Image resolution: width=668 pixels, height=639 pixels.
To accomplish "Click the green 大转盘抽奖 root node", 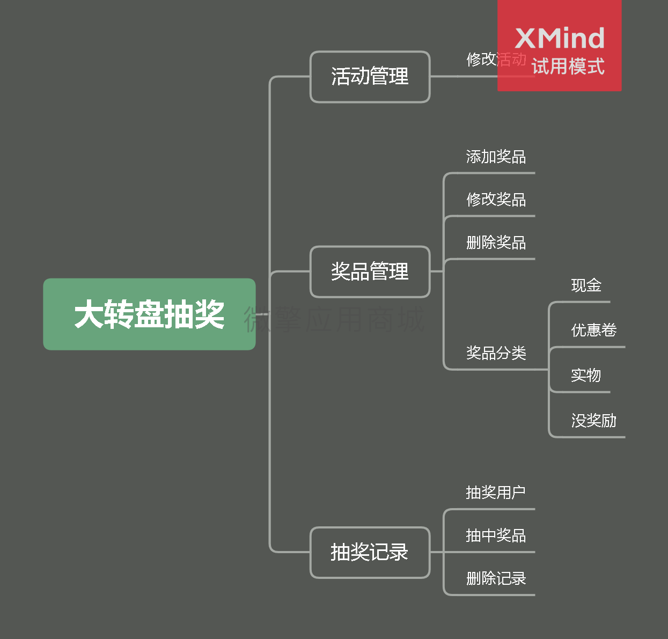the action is pos(149,314).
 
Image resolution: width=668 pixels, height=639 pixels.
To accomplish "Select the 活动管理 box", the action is pos(370,77).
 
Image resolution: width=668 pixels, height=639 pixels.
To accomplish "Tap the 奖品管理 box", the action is pos(370,271).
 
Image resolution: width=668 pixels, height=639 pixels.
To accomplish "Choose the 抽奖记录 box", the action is pos(370,552).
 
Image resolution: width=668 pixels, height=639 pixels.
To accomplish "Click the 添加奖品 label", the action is pos(496,157).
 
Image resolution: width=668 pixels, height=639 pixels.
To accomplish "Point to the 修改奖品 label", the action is pos(496,200).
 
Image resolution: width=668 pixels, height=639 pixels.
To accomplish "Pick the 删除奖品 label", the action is pos(496,243).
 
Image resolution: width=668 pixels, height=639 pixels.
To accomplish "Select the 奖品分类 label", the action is pos(496,352).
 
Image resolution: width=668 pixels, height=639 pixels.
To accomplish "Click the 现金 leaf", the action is pos(586,285).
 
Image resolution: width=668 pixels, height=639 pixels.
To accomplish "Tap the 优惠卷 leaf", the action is pos(594,330).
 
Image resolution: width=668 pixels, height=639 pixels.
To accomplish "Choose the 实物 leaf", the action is pos(586,375).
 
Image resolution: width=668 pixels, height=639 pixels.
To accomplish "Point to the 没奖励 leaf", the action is pos(594,420).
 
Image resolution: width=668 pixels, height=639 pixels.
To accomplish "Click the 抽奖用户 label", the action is pos(496,493).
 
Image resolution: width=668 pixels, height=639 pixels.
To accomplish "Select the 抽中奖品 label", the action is pos(496,535).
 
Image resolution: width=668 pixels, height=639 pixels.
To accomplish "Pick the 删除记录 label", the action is pos(496,578).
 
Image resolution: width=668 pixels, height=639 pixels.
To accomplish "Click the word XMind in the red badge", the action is pos(560,38).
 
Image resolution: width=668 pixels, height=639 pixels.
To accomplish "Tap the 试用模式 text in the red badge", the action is pos(568,66).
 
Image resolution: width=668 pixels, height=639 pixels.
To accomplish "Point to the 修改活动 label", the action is pos(496,60).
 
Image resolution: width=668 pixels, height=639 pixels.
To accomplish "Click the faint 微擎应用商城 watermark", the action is pos(334,320).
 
